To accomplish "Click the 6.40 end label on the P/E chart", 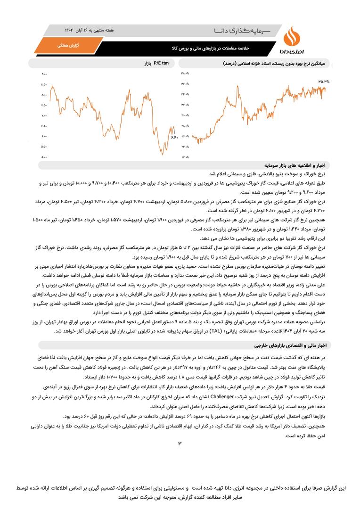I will (x=173, y=138).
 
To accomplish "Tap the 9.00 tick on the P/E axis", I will (x=44, y=74).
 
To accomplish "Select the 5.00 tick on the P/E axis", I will (x=44, y=157).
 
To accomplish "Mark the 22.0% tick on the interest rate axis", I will (x=184, y=157).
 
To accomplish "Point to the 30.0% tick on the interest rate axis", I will (x=184, y=115).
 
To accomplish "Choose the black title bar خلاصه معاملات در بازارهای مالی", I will (x=210, y=48).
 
